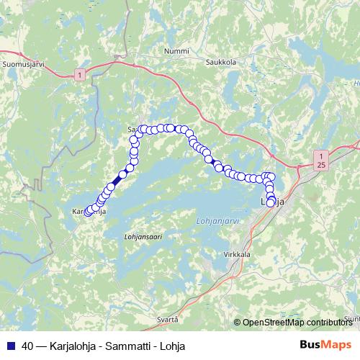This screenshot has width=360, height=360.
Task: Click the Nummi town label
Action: click(176, 52)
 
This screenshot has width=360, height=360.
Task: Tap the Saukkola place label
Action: click(222, 62)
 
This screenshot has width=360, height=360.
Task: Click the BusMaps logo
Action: click(325, 345)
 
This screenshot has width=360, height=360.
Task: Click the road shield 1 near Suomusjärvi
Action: click(78, 74)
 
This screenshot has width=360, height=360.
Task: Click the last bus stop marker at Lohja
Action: click(271, 203)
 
